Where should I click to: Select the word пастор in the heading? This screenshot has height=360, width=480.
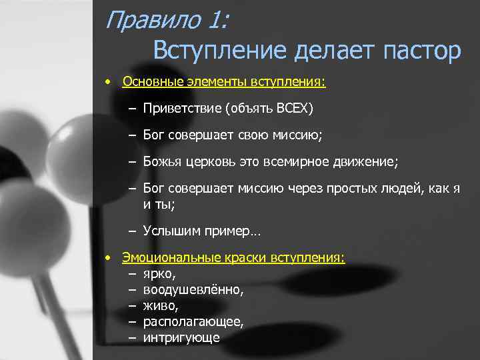point(421,51)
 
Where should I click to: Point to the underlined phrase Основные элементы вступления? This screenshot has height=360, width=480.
point(224,83)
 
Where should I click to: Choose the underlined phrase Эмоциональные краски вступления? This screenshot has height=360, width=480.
point(233,258)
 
